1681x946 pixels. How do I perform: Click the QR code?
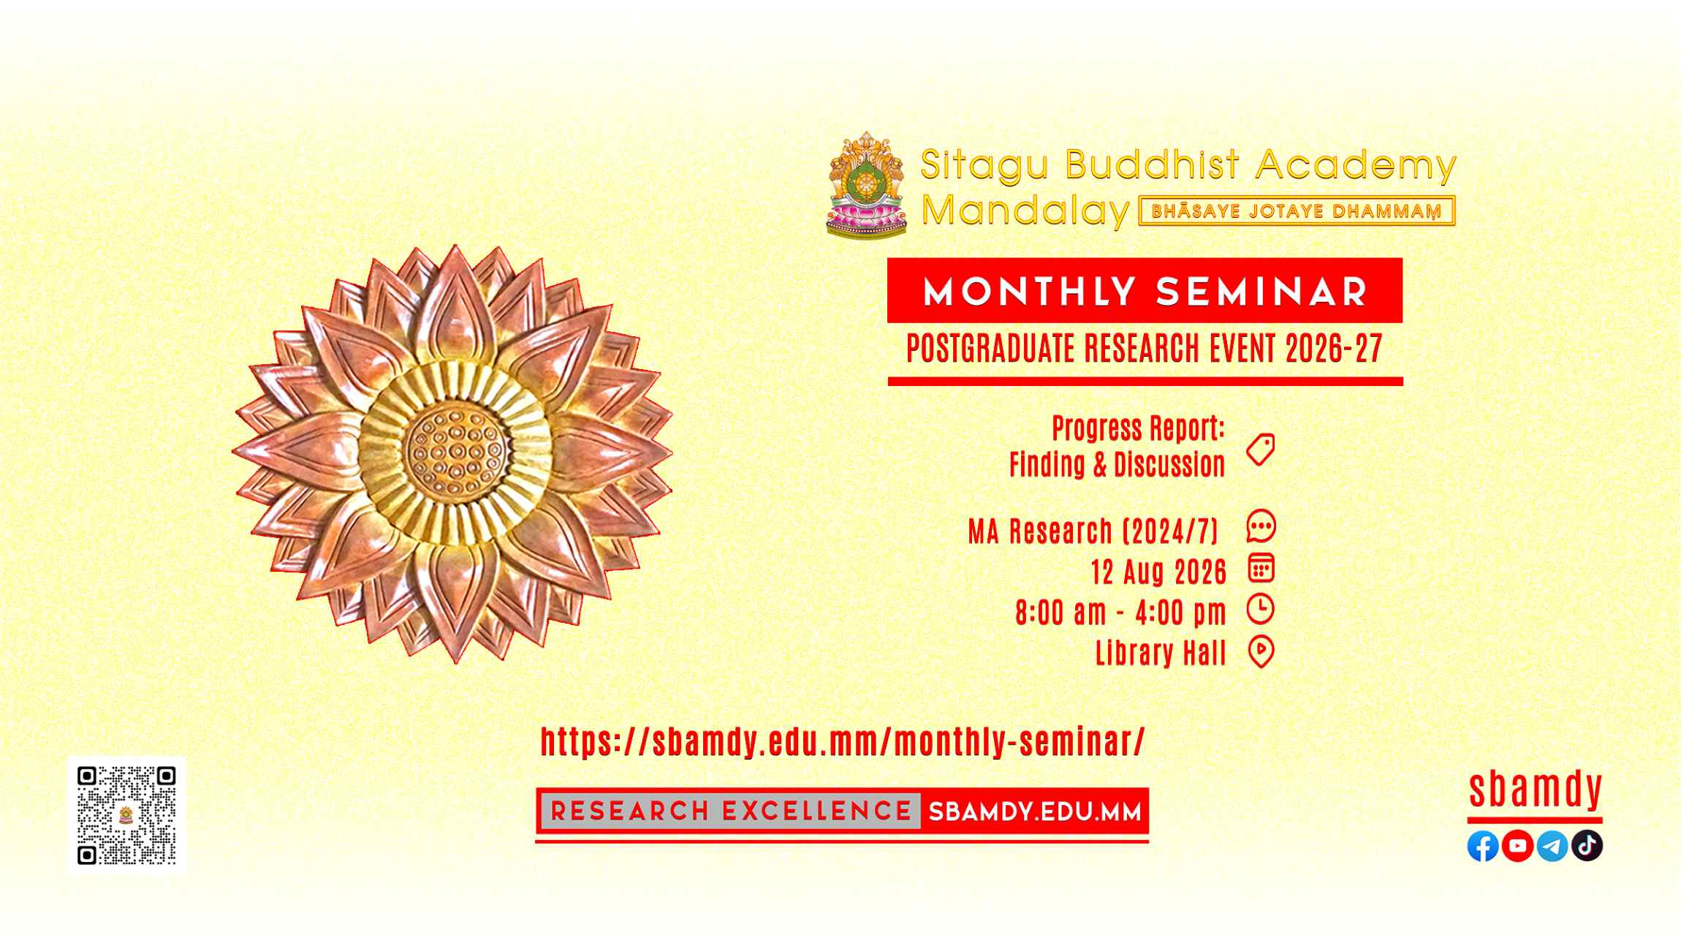point(126,815)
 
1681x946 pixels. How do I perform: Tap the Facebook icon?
point(1483,847)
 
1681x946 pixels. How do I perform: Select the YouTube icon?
point(1517,847)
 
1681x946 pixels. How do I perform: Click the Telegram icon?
point(1552,847)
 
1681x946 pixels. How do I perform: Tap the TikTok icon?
point(1587,847)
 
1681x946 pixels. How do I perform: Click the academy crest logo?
point(867,184)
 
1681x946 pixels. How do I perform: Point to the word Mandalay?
point(1025,211)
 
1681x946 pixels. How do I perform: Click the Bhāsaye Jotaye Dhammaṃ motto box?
point(1297,211)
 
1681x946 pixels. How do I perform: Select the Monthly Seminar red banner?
point(1145,290)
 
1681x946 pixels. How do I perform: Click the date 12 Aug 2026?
point(1158,572)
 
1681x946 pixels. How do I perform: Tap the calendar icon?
point(1261,568)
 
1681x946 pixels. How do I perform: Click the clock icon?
point(1261,609)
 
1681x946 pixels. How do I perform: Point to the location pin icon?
point(1261,652)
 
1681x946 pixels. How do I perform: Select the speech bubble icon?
point(1261,526)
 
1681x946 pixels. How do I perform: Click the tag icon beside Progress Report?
point(1261,449)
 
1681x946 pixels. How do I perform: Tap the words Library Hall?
point(1161,652)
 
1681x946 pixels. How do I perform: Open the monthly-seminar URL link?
point(843,742)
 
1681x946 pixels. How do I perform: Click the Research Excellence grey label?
point(731,811)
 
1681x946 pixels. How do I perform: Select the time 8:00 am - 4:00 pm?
point(1120,613)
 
